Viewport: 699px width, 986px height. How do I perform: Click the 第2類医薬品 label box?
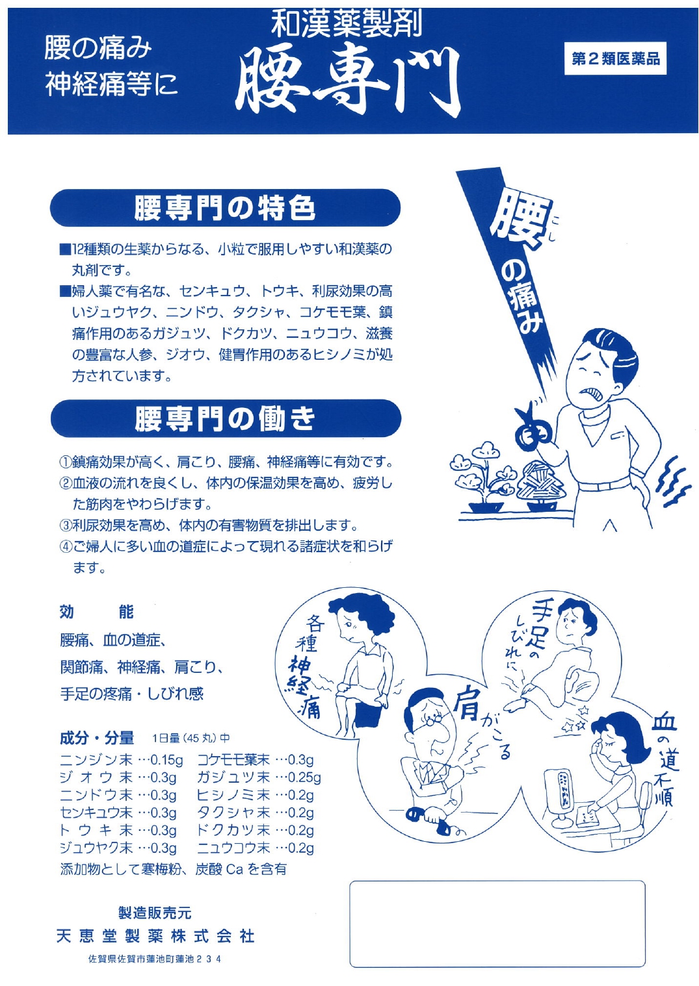615,58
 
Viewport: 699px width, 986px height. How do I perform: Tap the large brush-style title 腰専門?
347,80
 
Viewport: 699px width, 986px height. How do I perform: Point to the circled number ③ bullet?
66,525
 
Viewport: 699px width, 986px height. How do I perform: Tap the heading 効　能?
96,612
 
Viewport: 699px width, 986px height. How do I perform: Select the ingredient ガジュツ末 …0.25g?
259,777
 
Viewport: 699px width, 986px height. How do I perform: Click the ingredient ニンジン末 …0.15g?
121,760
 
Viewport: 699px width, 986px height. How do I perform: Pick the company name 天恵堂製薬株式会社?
155,936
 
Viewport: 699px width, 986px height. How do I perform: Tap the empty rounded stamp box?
497,924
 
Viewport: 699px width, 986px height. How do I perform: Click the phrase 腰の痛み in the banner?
98,49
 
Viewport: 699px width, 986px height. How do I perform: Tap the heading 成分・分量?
96,738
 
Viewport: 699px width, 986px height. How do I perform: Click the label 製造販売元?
155,913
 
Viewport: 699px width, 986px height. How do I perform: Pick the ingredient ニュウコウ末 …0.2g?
255,848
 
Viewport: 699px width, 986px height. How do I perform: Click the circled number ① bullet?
66,462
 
